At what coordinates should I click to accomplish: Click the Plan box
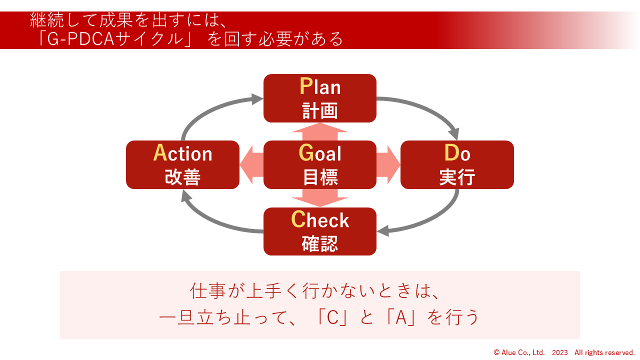pos(320,98)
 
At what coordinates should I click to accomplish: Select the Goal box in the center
pos(320,164)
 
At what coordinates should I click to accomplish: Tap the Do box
pos(457,164)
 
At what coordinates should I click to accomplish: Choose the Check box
pos(320,231)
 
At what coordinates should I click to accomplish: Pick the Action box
pos(182,164)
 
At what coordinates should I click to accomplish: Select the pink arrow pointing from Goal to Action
pos(251,164)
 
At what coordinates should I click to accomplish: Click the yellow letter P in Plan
pos(305,86)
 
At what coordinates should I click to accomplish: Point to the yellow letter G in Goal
pos(306,153)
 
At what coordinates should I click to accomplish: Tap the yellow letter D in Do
pos(451,153)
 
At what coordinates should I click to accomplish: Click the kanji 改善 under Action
pos(182,177)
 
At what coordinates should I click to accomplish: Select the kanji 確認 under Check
pos(320,244)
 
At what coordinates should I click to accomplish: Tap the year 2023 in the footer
pos(559,352)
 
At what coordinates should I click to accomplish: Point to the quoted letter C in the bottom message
pos(333,317)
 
